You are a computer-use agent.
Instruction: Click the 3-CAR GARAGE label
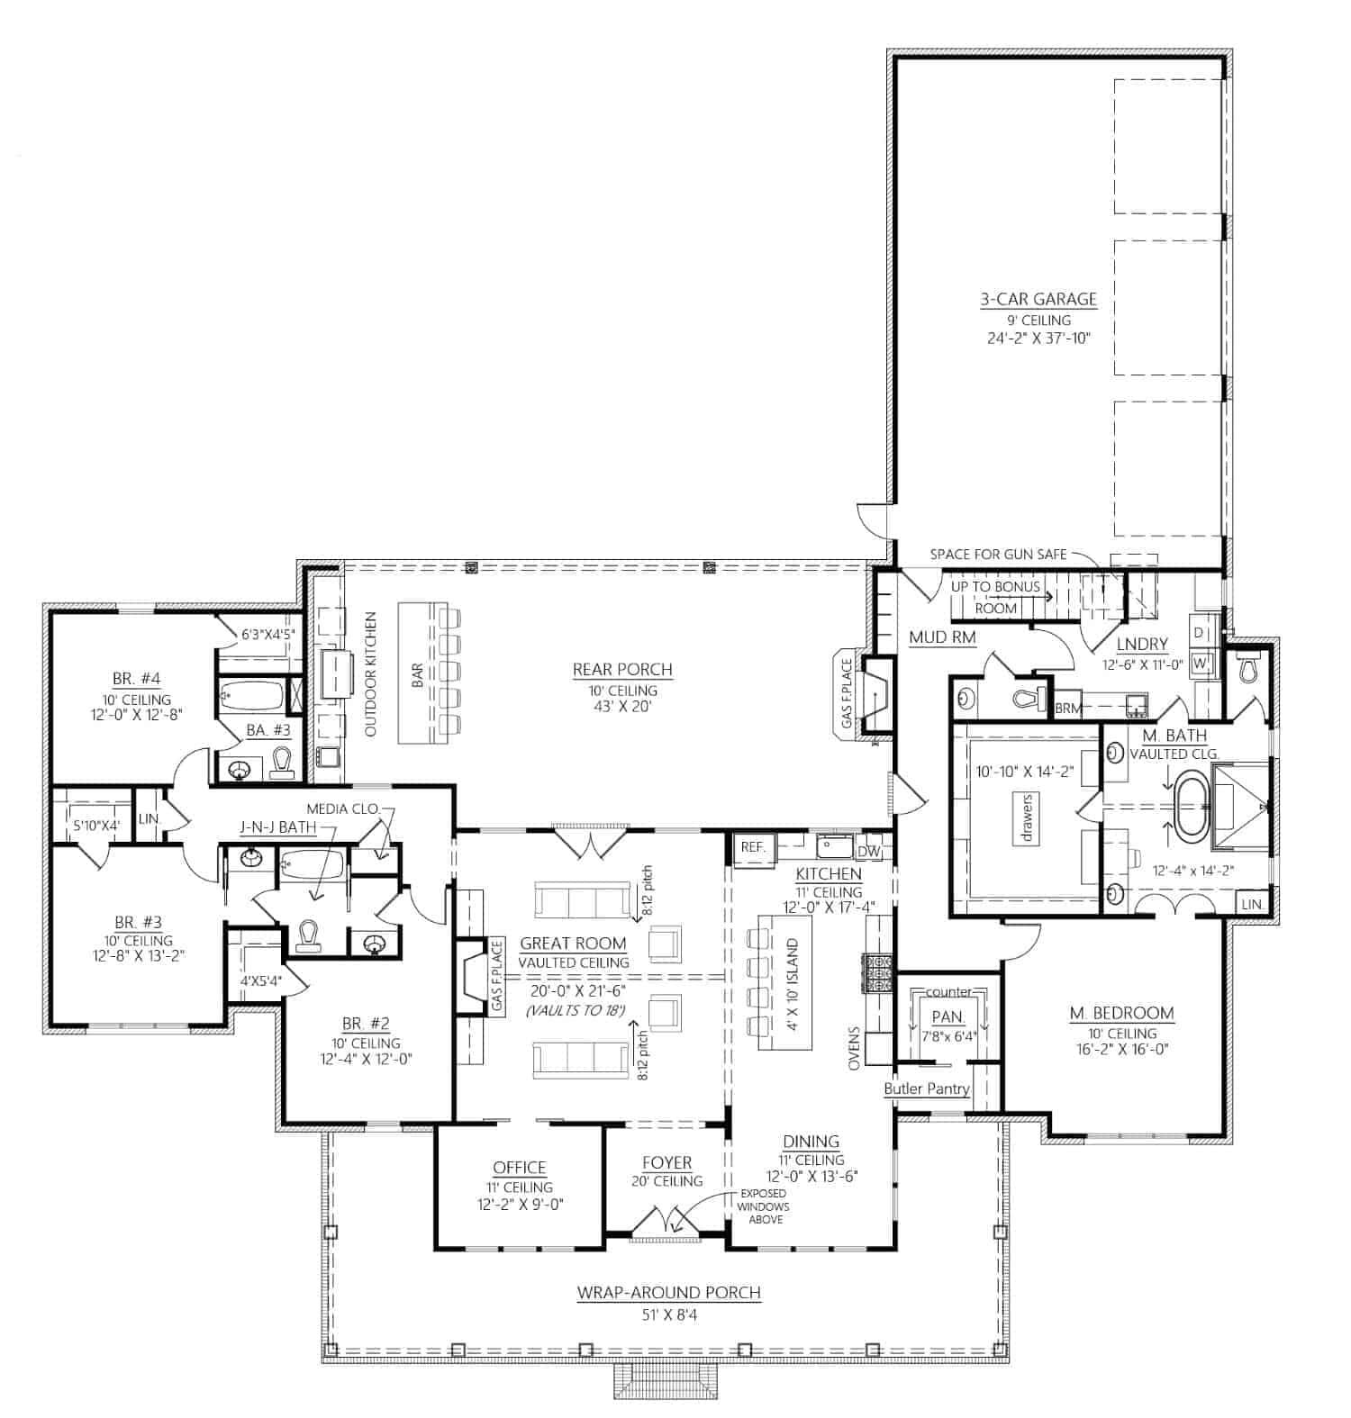tap(1038, 299)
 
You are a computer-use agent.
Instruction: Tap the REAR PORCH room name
tap(622, 669)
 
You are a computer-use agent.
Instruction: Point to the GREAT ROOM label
tap(573, 944)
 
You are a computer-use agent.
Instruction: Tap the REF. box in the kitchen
tap(752, 847)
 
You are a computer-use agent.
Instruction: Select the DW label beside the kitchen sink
tap(868, 851)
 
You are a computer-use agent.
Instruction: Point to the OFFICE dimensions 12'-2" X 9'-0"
tap(520, 1205)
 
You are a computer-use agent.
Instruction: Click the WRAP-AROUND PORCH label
tap(668, 1293)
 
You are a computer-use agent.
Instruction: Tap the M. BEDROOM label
tap(1121, 1013)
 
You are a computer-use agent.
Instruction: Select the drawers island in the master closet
tap(1027, 817)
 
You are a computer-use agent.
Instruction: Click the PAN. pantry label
tap(948, 1016)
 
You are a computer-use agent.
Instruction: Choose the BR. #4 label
tap(137, 679)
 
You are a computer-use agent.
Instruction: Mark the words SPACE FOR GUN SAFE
tap(998, 555)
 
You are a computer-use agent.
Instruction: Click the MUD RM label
tap(942, 637)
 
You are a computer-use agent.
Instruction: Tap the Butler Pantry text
tap(926, 1088)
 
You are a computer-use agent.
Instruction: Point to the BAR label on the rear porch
tap(418, 676)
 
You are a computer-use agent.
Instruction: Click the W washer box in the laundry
tap(1201, 664)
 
